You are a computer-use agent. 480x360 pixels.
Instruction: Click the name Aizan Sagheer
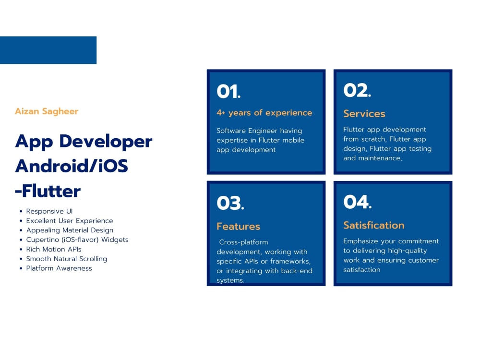[x=47, y=111]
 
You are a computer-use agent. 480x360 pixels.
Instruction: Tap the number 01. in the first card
[x=228, y=91]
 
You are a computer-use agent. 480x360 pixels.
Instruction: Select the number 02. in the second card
[x=357, y=90]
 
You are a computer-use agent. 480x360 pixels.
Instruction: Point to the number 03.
[x=230, y=203]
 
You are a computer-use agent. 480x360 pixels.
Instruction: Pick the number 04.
[x=357, y=202]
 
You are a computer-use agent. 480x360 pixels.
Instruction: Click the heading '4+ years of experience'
[x=264, y=113]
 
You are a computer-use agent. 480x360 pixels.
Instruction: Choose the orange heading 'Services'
[x=364, y=114]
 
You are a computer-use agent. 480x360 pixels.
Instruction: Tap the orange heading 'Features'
[x=238, y=227]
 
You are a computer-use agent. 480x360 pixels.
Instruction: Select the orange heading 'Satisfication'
[x=373, y=225]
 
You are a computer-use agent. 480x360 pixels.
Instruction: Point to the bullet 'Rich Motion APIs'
[x=54, y=249]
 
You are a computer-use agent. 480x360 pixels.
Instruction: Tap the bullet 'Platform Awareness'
[x=59, y=268]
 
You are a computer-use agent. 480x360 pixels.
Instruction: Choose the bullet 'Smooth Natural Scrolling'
[x=67, y=259]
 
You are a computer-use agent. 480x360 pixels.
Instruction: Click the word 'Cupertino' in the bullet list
[x=42, y=240]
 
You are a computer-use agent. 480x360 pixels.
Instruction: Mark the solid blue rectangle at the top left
[x=48, y=50]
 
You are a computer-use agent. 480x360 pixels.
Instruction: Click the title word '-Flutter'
[x=48, y=192]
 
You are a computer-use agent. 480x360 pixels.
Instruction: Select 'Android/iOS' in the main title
[x=72, y=166]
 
